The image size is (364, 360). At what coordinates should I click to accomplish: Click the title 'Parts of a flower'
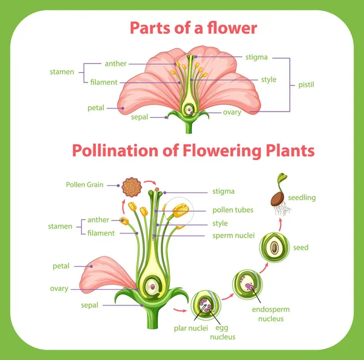pyautogui.click(x=193, y=28)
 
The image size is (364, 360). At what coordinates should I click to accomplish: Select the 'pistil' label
pyautogui.click(x=306, y=85)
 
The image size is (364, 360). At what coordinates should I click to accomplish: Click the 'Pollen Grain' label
pyautogui.click(x=85, y=184)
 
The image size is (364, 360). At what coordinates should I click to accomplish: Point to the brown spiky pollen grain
pyautogui.click(x=130, y=187)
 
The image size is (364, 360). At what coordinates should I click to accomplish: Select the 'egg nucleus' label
pyautogui.click(x=221, y=332)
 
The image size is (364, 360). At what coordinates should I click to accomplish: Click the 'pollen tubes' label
pyautogui.click(x=233, y=210)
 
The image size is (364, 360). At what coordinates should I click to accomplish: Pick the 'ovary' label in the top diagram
pyautogui.click(x=232, y=112)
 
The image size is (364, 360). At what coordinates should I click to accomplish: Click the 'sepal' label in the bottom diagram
pyautogui.click(x=89, y=305)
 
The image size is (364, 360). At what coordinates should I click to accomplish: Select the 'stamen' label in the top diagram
pyautogui.click(x=62, y=72)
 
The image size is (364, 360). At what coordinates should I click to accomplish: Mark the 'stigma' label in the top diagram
pyautogui.click(x=257, y=58)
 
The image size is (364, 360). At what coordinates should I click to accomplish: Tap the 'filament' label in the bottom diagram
pyautogui.click(x=101, y=233)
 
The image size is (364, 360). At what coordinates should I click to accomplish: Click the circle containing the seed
pyautogui.click(x=274, y=248)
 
